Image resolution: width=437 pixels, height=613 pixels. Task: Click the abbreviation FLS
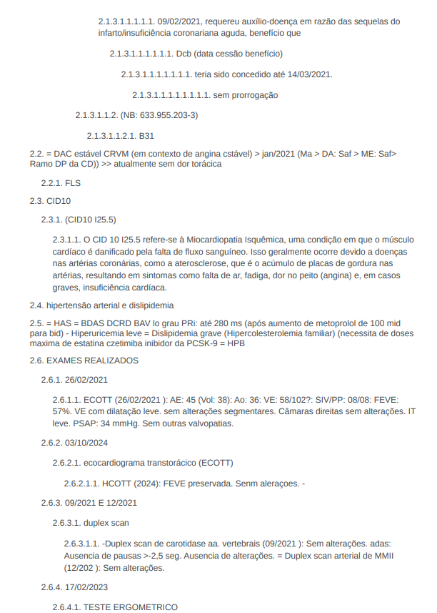click(x=73, y=183)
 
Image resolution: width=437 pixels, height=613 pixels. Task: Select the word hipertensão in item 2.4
click(x=70, y=305)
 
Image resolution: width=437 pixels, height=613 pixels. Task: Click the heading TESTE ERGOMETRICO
click(x=131, y=607)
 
